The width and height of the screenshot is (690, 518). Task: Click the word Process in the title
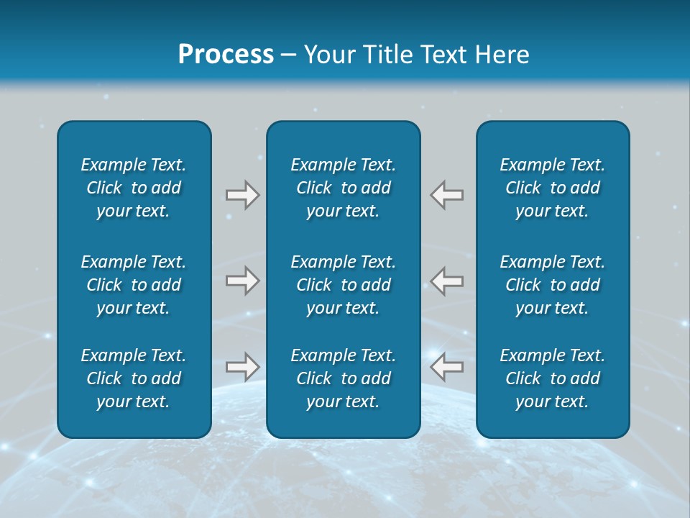(x=226, y=55)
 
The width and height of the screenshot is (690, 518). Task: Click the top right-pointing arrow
(x=242, y=195)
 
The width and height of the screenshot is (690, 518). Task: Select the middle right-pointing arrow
(x=242, y=281)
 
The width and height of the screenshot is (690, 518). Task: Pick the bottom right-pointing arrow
(x=242, y=367)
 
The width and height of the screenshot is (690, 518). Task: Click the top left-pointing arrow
(x=447, y=195)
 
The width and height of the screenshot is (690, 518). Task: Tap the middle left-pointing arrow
(x=447, y=281)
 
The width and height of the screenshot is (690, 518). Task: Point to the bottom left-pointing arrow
(x=447, y=367)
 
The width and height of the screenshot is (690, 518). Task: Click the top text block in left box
(x=134, y=188)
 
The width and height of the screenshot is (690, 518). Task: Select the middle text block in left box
(x=134, y=285)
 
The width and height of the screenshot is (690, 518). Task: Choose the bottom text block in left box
(x=134, y=378)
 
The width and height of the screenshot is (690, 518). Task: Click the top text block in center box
(x=344, y=188)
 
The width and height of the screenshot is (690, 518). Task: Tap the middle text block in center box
(x=344, y=285)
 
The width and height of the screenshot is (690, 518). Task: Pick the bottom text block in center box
(x=344, y=378)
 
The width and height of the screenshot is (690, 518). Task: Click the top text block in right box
(x=553, y=188)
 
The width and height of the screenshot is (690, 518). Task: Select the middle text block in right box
(x=553, y=285)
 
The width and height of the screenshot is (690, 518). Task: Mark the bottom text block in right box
(x=553, y=378)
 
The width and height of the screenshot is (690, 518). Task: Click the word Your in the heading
(x=328, y=55)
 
